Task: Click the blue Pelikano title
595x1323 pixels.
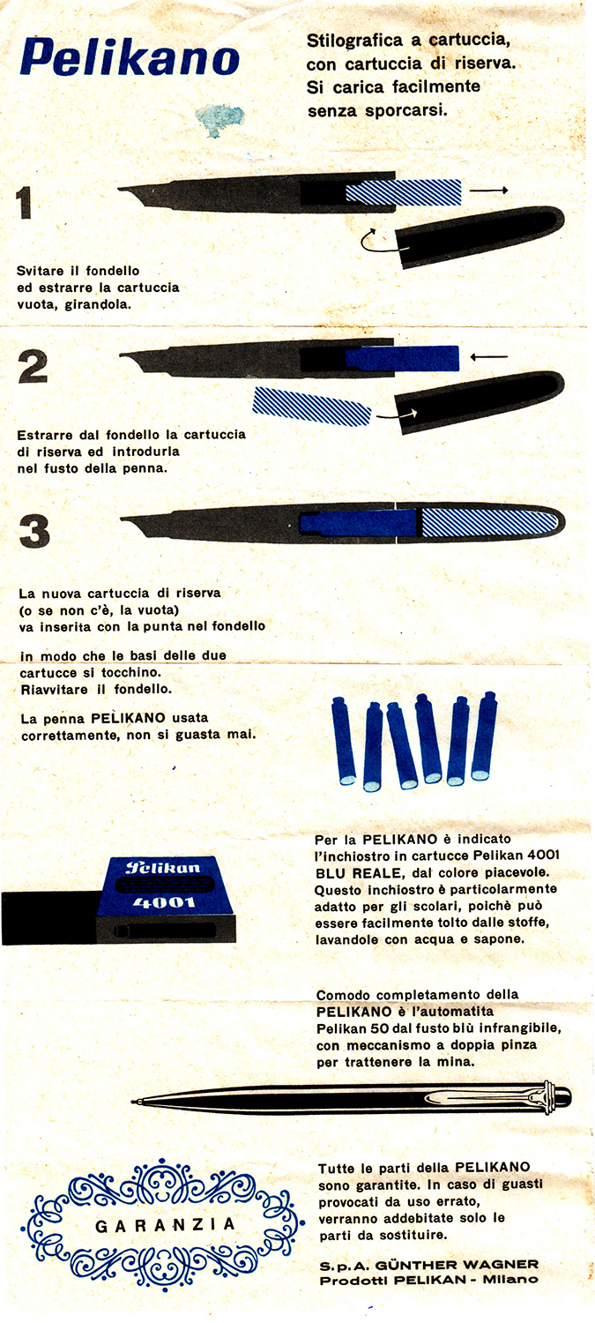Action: click(130, 58)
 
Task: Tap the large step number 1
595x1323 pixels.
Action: click(24, 203)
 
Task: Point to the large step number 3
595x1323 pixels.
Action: click(34, 531)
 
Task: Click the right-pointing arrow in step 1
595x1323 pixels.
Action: click(488, 191)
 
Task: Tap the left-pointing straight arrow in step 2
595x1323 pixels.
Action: click(488, 356)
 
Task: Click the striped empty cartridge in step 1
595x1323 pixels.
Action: click(403, 192)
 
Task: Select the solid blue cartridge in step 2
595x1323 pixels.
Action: click(402, 358)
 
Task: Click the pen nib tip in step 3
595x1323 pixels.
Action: click(123, 519)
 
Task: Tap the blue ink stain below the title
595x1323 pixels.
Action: click(219, 119)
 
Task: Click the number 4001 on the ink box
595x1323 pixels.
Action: click(163, 902)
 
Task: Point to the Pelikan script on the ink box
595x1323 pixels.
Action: click(163, 868)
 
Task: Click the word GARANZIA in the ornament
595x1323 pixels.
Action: click(166, 1226)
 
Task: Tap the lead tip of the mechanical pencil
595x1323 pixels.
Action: click(132, 1102)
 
